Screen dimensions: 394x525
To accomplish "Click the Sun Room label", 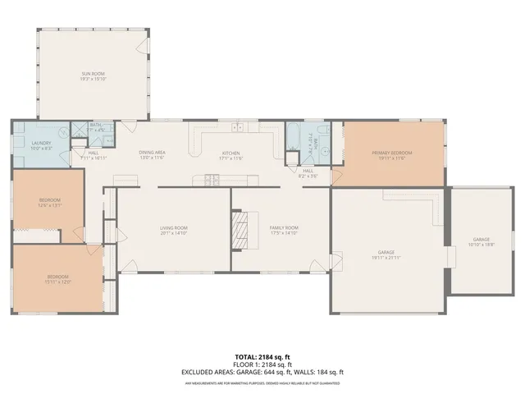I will (93, 74).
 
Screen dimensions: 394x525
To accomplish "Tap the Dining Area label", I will (153, 153).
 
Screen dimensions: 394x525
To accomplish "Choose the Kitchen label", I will (231, 153).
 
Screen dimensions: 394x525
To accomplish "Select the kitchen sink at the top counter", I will (238, 128).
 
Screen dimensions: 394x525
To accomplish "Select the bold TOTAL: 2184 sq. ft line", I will (262, 357).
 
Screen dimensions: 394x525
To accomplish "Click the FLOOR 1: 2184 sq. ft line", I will (262, 364).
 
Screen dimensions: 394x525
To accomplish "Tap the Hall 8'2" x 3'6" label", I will (308, 174).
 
